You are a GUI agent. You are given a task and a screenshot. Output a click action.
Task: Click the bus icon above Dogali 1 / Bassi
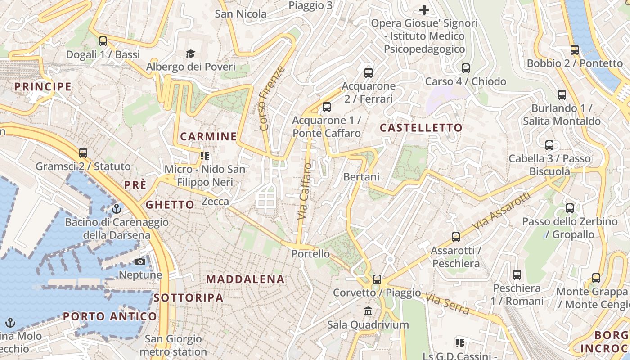(x=103, y=41)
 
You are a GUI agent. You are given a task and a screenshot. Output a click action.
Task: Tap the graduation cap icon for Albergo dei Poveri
(x=190, y=54)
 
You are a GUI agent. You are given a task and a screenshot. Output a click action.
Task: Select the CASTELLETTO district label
(x=421, y=128)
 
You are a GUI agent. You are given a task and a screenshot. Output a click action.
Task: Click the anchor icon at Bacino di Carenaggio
(x=117, y=209)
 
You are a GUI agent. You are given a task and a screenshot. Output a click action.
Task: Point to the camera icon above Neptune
(x=140, y=261)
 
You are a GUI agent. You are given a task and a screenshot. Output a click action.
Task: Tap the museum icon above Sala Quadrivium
(x=368, y=311)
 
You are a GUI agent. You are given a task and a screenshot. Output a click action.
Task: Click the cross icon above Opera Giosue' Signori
(x=424, y=9)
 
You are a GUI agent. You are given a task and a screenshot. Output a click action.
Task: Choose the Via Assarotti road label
(x=502, y=211)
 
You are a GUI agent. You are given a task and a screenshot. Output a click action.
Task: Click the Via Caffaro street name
(x=305, y=191)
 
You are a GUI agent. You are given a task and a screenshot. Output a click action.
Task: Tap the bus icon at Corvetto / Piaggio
(x=377, y=279)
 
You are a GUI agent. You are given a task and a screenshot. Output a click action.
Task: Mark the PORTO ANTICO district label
(x=110, y=316)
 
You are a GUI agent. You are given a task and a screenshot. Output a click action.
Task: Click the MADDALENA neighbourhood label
(x=245, y=279)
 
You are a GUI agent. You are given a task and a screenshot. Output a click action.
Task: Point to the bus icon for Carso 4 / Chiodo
(x=466, y=68)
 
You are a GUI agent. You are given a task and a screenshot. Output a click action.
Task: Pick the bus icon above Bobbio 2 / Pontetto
(x=574, y=50)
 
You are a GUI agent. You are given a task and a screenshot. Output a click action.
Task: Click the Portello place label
(x=310, y=254)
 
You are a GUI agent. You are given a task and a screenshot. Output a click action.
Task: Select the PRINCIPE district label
(x=43, y=86)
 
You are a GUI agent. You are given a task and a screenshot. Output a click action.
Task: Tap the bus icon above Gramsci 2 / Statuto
(x=83, y=153)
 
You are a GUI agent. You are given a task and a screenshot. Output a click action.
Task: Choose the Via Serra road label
(x=447, y=304)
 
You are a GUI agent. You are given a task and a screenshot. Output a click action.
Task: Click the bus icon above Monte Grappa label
(x=596, y=278)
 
